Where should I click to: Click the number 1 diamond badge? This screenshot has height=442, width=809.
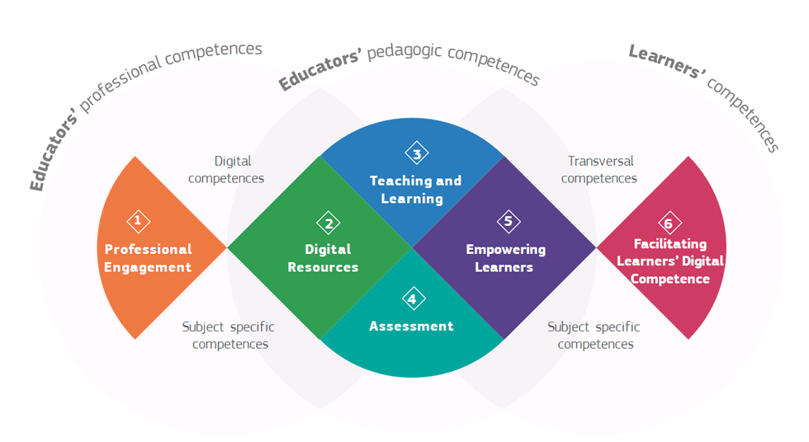click(x=139, y=222)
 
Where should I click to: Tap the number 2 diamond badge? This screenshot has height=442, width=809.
click(x=329, y=223)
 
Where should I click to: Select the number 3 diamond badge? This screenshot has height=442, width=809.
click(x=417, y=153)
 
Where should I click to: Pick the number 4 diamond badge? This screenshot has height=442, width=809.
click(x=414, y=299)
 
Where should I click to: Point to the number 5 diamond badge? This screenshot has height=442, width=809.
click(x=509, y=222)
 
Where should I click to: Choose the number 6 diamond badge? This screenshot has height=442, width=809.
click(x=669, y=223)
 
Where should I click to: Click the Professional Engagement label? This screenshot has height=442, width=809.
click(x=148, y=259)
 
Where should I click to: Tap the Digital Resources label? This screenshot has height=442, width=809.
click(x=324, y=259)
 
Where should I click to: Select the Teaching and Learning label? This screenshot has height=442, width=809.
click(x=415, y=190)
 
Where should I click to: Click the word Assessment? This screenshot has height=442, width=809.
click(x=411, y=326)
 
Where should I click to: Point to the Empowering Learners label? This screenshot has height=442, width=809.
click(x=505, y=258)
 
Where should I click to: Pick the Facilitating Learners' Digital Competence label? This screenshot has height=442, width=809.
click(x=670, y=261)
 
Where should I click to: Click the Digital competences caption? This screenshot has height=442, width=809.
click(x=226, y=170)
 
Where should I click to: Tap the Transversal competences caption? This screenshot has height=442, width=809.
click(x=599, y=170)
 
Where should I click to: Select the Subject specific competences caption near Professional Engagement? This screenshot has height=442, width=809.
click(x=229, y=336)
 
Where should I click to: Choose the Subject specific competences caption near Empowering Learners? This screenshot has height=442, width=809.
click(x=594, y=336)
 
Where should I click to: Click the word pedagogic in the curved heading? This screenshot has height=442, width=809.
click(x=404, y=51)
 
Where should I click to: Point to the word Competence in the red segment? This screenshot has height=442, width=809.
click(x=670, y=279)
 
